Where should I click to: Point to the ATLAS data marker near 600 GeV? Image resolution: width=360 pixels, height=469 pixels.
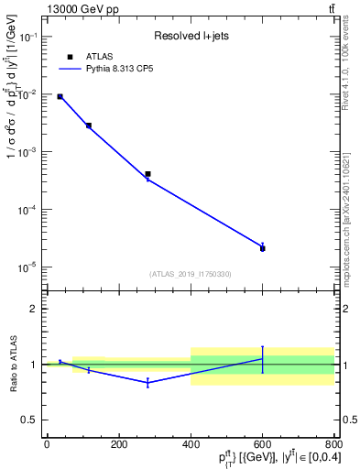coord(262,248)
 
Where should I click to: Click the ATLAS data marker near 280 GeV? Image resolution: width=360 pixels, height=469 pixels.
coord(147,173)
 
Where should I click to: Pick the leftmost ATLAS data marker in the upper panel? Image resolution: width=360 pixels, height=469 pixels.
coord(60,96)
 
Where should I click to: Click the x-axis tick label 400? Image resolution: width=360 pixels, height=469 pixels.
coord(190,445)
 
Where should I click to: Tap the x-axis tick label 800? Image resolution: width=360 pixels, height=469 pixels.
coord(333,445)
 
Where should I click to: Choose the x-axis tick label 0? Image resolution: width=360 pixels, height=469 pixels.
coord(46,445)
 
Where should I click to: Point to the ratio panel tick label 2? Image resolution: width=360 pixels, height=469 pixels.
coord(33,310)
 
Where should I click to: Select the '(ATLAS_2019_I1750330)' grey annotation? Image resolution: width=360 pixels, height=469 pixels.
coord(191,274)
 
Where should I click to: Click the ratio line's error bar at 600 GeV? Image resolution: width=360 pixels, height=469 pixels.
coord(262,359)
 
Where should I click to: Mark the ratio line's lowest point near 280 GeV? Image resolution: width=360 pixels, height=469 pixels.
coord(147,382)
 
